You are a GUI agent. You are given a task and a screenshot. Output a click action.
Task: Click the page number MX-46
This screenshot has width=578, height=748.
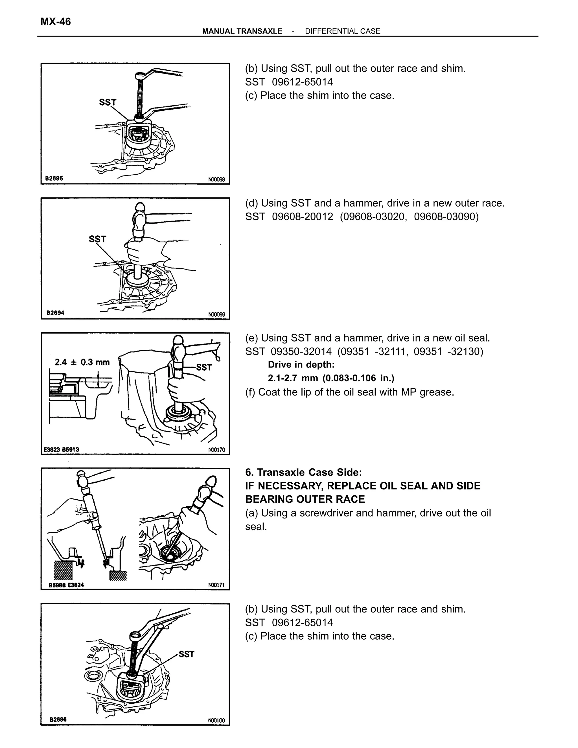click(56, 22)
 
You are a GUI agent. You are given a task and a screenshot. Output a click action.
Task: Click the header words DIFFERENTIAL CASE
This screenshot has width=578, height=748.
click(342, 31)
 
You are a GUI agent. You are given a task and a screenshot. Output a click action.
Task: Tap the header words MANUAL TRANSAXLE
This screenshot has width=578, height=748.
click(242, 31)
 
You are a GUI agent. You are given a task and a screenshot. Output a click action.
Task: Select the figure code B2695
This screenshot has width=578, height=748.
click(54, 178)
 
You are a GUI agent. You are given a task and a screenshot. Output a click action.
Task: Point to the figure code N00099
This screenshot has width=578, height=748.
click(217, 314)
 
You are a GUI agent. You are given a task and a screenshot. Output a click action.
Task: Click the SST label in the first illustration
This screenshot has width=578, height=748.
click(108, 102)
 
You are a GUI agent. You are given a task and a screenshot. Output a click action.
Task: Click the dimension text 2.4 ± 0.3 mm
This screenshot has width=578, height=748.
click(82, 362)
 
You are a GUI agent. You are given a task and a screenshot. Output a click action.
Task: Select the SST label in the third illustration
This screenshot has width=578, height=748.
click(204, 367)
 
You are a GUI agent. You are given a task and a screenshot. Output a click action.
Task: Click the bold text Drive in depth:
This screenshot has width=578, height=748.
click(301, 365)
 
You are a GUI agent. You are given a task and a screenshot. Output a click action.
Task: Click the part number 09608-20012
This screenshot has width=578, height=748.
click(302, 216)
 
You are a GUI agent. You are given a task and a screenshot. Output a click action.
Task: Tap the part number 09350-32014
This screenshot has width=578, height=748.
click(301, 351)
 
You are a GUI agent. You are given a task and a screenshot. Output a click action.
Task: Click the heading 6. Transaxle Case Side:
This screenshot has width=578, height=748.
click(303, 472)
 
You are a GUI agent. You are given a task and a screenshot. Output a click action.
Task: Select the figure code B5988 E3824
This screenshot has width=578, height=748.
click(66, 585)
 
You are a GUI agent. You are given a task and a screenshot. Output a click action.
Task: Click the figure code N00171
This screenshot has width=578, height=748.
click(216, 585)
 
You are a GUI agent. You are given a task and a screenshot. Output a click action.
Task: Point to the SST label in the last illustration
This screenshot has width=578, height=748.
click(186, 654)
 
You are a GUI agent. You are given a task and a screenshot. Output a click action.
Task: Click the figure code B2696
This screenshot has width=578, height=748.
click(58, 719)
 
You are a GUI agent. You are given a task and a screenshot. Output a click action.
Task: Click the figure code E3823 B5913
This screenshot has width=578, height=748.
click(62, 449)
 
